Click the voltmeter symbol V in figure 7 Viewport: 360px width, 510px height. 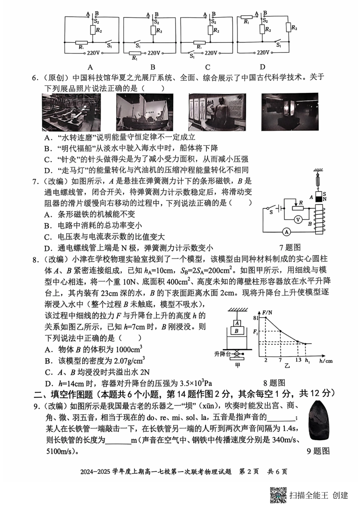click(x=298, y=219)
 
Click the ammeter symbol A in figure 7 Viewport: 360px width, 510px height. click(x=287, y=231)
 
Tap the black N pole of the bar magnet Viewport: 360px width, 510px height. click(x=318, y=198)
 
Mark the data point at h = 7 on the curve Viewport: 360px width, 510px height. click(x=280, y=331)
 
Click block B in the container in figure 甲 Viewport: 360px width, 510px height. click(x=237, y=331)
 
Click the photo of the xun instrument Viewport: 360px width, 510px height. click(x=320, y=421)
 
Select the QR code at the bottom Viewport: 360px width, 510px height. click(x=278, y=495)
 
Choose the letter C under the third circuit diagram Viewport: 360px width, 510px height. click(x=207, y=67)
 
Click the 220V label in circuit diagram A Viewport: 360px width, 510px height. click(x=93, y=53)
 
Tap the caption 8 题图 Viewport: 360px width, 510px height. click(x=274, y=383)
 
